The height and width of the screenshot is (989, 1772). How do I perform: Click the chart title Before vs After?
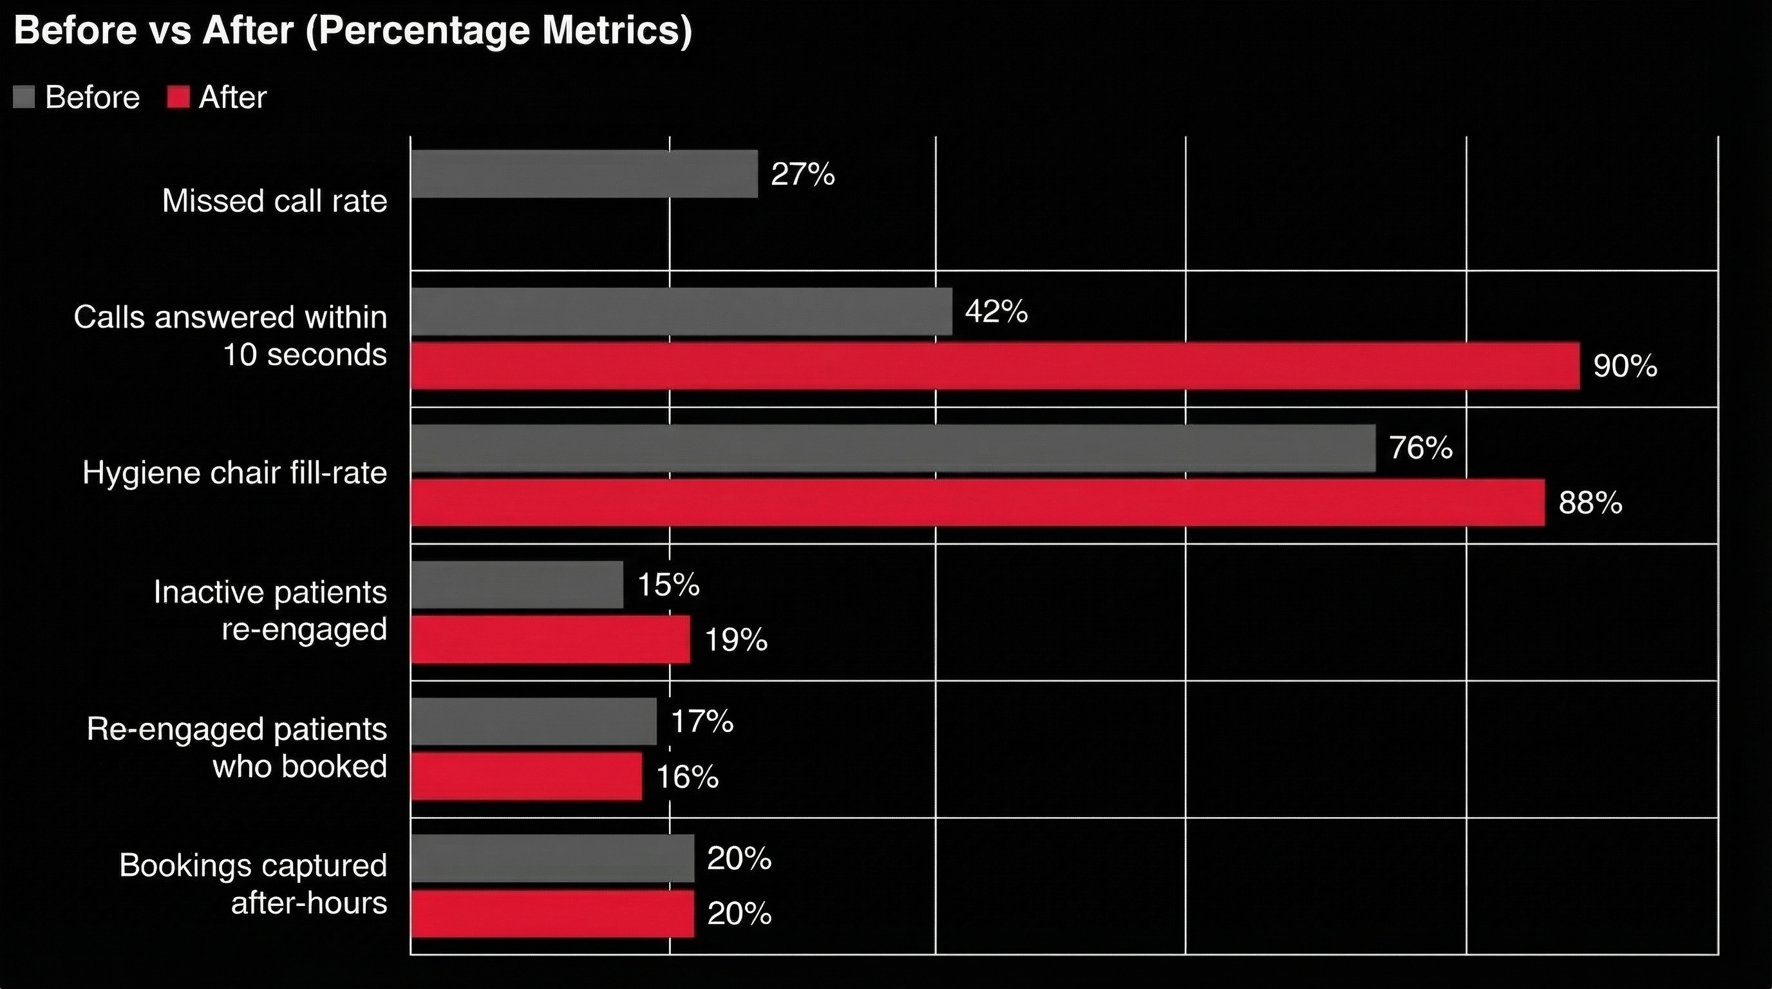tap(352, 31)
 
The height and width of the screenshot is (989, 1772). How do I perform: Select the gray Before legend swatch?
tap(23, 97)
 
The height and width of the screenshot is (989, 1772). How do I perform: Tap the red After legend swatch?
tap(178, 97)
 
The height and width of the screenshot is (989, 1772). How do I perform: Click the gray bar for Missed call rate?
tap(584, 174)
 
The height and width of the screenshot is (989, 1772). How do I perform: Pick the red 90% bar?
tap(995, 366)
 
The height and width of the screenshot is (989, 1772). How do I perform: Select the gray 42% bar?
tap(681, 312)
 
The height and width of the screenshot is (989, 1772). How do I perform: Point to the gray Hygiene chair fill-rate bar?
tap(893, 448)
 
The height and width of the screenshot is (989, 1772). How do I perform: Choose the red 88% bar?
tap(977, 503)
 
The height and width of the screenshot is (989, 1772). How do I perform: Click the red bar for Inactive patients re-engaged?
tap(551, 639)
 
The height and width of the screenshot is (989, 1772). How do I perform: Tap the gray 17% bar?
tap(534, 721)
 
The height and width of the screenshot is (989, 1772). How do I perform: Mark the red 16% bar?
tap(526, 777)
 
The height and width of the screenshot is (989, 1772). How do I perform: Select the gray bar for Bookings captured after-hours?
tap(552, 858)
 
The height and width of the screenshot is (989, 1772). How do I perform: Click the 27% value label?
tap(803, 174)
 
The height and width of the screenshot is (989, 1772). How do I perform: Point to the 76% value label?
tap(1420, 448)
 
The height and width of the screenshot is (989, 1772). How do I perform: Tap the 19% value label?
tap(736, 640)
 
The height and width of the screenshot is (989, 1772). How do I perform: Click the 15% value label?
tap(668, 585)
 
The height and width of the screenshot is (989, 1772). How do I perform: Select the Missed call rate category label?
tap(274, 202)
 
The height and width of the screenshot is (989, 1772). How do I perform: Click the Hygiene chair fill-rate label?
tap(234, 473)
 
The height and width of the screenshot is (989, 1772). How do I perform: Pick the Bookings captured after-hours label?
tap(253, 885)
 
